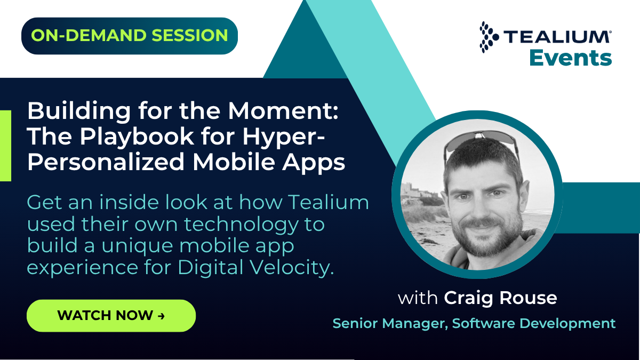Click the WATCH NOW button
(x=111, y=315)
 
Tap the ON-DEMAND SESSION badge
(x=130, y=36)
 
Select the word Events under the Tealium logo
(x=571, y=58)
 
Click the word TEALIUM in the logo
(x=556, y=37)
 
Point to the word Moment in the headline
(x=283, y=111)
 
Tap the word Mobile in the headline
(x=234, y=162)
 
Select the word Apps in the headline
(x=314, y=163)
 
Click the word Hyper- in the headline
(x=284, y=137)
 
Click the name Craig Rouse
(x=500, y=298)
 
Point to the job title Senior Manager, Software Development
(x=474, y=323)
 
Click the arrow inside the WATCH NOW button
(x=161, y=316)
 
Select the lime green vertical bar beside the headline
(x=5, y=146)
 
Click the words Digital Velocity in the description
(x=255, y=268)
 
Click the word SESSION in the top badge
(x=189, y=35)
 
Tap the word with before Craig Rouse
(x=418, y=298)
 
